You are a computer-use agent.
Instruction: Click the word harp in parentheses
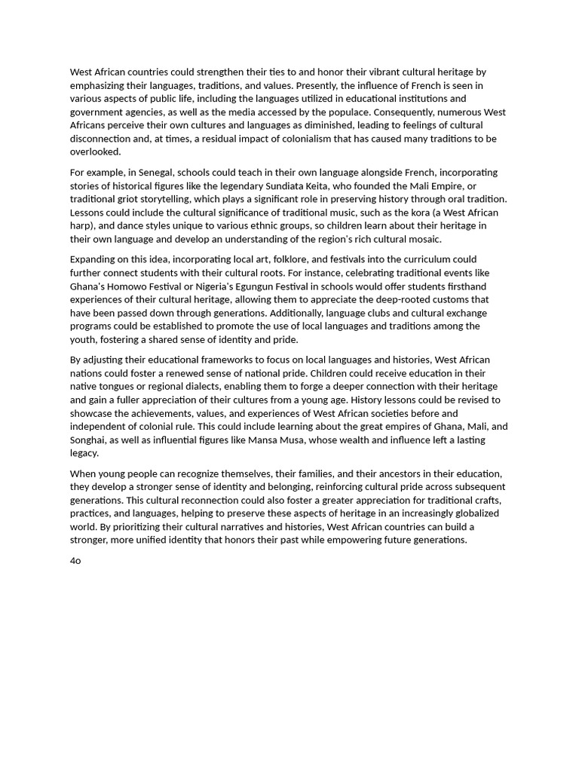(x=81, y=226)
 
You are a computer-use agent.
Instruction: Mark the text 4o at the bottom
(x=75, y=561)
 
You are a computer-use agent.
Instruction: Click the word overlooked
(x=95, y=152)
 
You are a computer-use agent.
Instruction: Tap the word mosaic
(x=424, y=240)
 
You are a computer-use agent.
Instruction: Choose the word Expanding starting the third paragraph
(x=95, y=259)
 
